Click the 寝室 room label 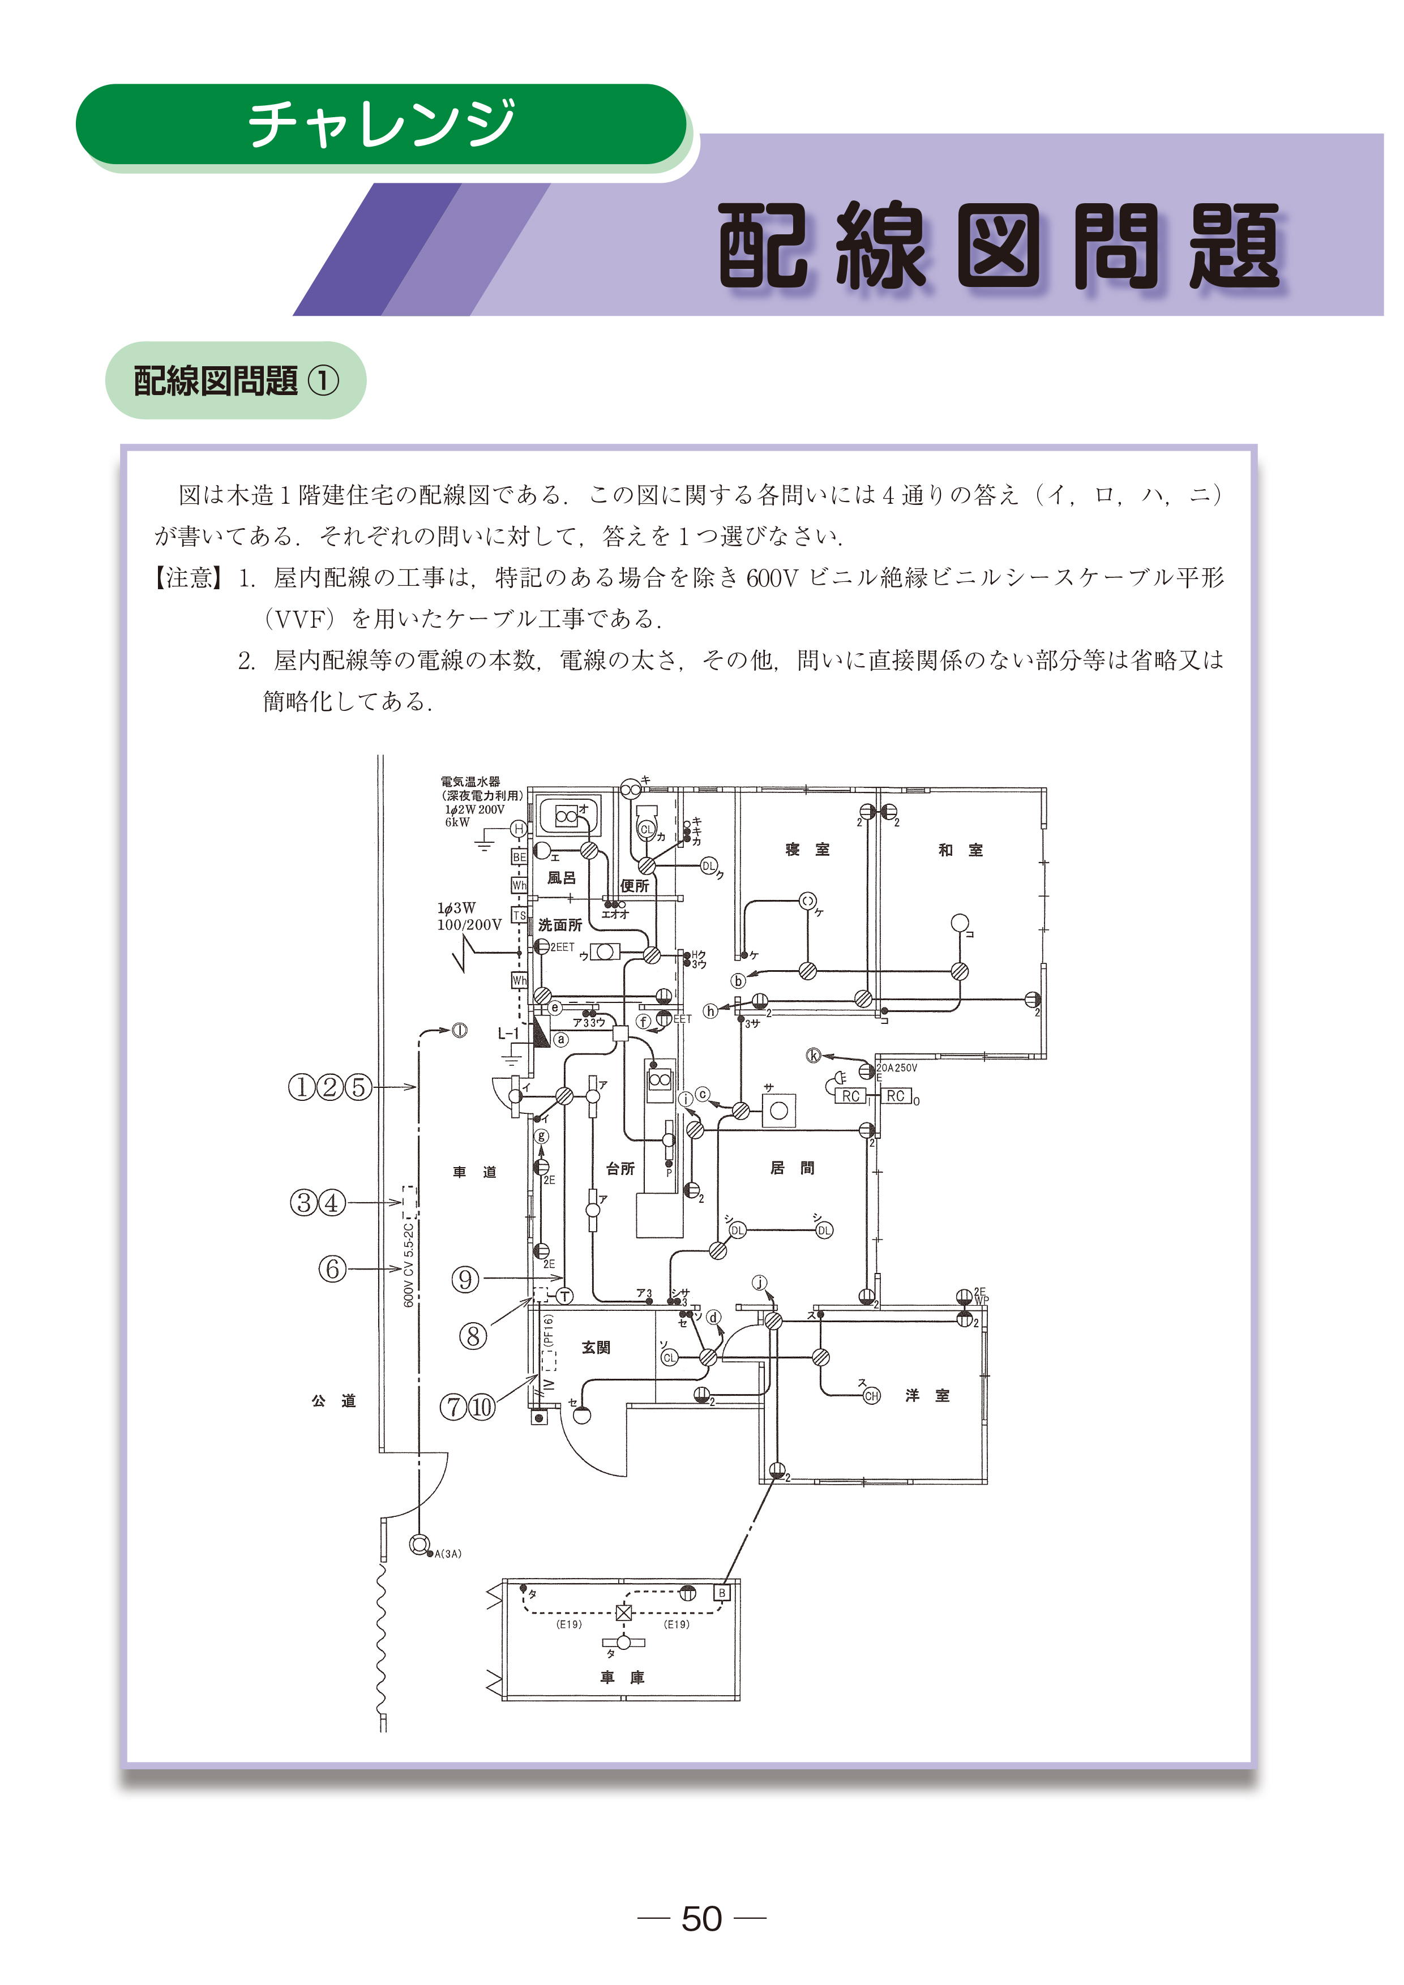[807, 850]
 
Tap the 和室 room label [961, 850]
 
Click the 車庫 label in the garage [623, 1677]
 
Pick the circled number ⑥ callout [332, 1269]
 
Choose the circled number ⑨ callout [465, 1279]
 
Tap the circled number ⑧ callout [472, 1336]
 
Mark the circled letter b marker [738, 980]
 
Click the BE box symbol [519, 857]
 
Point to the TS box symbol [519, 915]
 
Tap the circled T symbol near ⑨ [564, 1296]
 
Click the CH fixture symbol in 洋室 [871, 1395]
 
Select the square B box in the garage [722, 1593]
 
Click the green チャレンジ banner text [381, 123]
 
